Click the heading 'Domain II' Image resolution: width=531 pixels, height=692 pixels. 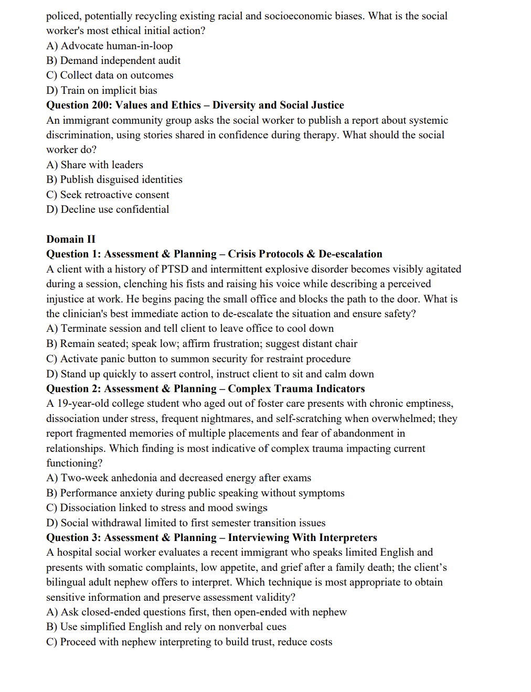[71, 239]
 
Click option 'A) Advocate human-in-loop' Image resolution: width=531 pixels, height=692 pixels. [109, 46]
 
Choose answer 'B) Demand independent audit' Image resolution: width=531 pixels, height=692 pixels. [113, 60]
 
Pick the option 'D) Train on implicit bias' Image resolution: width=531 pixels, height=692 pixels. [102, 90]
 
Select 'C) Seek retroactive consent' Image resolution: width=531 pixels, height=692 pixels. [108, 194]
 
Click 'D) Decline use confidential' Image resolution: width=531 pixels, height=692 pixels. [108, 209]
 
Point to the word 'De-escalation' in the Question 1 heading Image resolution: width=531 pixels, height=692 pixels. [351, 254]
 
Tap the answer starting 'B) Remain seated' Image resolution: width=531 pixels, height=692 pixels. [201, 343]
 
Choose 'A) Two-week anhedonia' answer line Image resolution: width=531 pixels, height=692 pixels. [178, 478]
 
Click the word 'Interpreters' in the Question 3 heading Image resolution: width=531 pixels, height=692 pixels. [348, 537]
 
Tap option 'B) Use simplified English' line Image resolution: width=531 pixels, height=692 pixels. [166, 626]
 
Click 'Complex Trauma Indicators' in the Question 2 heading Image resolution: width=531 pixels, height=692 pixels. [296, 388]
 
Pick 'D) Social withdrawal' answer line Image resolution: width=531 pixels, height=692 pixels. [186, 523]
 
